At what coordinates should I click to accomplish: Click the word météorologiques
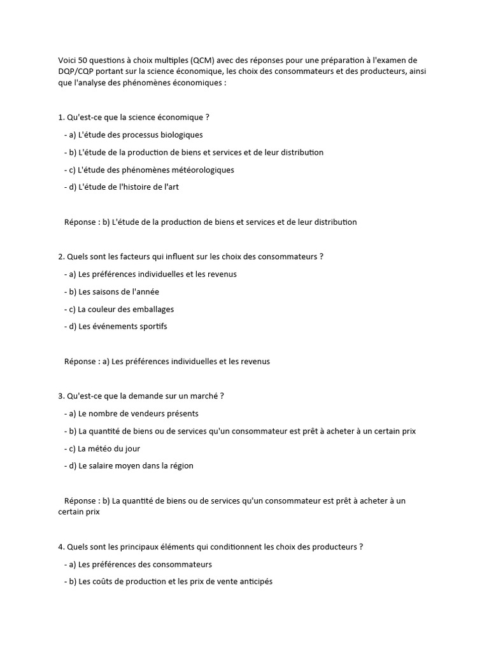[x=197, y=170]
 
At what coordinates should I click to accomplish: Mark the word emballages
[x=152, y=309]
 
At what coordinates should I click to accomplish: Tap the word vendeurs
[x=139, y=414]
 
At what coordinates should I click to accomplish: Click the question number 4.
[x=60, y=547]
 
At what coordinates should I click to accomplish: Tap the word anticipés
[x=253, y=582]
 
